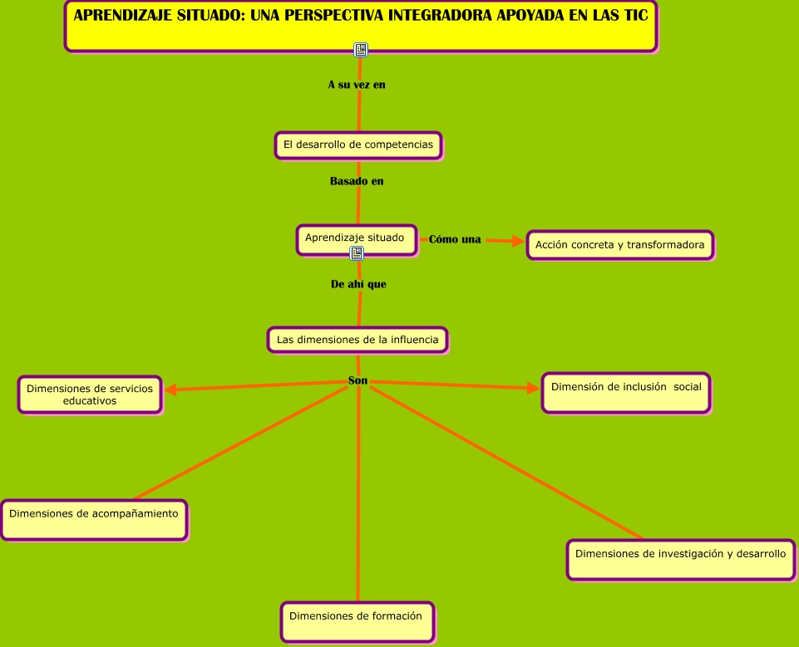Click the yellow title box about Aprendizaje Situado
(x=361, y=25)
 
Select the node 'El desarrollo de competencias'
(x=358, y=145)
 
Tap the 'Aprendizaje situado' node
(x=355, y=238)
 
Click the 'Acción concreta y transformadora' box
(x=619, y=245)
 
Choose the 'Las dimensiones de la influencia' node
(x=358, y=340)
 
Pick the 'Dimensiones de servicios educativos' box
(x=90, y=395)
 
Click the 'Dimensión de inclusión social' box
(x=626, y=392)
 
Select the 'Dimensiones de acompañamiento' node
(x=94, y=519)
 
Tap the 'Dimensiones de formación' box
(x=357, y=621)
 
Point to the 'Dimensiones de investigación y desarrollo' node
(x=680, y=559)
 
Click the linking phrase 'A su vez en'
(x=357, y=85)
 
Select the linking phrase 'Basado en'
(x=357, y=181)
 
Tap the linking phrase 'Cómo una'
(x=455, y=240)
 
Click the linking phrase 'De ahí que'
(x=358, y=284)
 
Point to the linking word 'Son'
(x=358, y=381)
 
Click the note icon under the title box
(x=361, y=50)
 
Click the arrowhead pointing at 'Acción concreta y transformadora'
(x=520, y=242)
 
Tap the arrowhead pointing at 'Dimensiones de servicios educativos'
(x=170, y=389)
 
